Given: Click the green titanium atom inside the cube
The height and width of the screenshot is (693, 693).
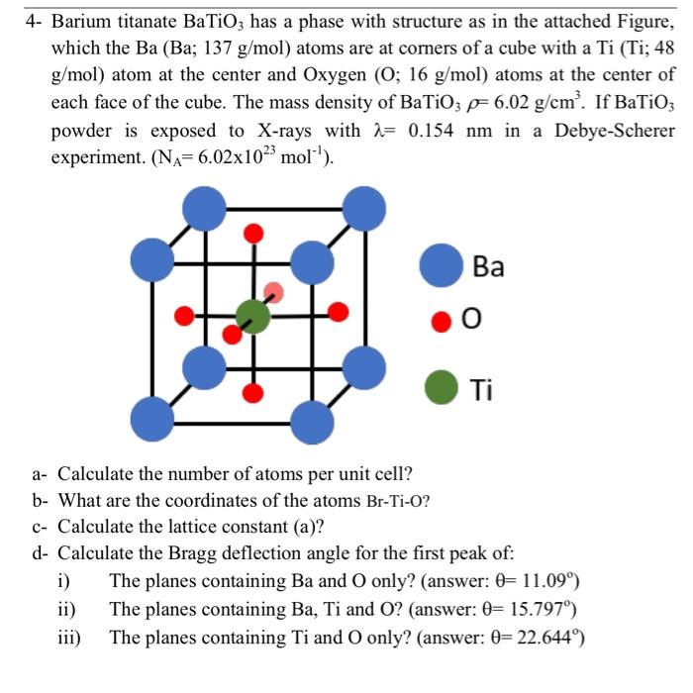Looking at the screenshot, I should pos(253,316).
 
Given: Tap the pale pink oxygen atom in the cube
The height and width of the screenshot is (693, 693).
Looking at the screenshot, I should pos(274,292).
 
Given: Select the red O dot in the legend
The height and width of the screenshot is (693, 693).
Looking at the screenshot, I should pos(441,321).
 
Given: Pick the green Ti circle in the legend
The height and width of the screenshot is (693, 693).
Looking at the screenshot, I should pos(441,388).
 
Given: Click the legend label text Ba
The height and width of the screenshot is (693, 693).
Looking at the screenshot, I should pos(488,267).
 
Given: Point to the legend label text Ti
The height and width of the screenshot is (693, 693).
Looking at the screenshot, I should pos(482,389).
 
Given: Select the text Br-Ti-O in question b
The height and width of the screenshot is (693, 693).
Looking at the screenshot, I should pos(398,501).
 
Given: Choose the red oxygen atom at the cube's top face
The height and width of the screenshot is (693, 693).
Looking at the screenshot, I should pos(254,234).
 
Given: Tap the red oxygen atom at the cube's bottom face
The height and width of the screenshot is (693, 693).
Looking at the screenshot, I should pos(254,394).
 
